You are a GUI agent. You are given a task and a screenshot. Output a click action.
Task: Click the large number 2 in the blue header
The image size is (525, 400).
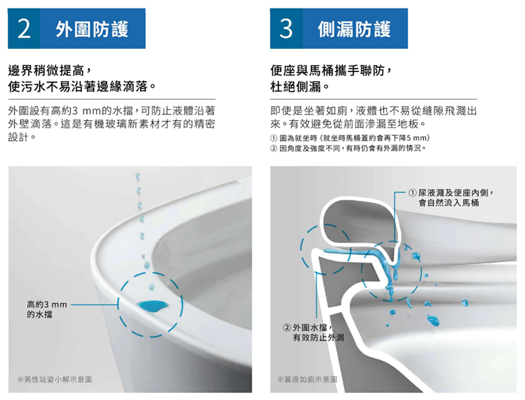point(24,29)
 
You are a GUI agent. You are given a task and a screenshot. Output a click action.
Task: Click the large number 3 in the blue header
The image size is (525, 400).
point(286,29)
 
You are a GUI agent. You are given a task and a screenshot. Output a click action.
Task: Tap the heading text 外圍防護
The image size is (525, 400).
point(92,29)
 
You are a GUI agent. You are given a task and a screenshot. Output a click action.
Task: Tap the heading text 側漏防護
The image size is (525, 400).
point(354,29)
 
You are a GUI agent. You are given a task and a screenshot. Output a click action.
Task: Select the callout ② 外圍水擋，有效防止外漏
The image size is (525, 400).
point(313,332)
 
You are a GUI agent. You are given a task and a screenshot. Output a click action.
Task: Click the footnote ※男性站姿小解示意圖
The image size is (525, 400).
point(55,379)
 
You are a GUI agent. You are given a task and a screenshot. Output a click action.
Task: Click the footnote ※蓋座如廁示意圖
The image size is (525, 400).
point(307,379)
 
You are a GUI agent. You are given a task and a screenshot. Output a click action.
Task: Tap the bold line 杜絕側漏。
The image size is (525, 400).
point(300,87)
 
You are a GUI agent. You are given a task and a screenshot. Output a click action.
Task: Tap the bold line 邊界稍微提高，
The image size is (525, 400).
point(49,71)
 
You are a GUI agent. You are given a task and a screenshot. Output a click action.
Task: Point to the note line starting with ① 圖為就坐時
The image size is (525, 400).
point(350,138)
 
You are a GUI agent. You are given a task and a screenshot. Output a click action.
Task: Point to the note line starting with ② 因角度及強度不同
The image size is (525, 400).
point(348,148)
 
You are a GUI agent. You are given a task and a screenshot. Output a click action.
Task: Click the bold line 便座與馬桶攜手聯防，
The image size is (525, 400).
point(331,71)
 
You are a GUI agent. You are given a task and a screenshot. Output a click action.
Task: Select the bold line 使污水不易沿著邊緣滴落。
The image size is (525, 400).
point(82,87)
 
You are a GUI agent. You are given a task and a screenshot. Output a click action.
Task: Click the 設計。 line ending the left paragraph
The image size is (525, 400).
point(22,137)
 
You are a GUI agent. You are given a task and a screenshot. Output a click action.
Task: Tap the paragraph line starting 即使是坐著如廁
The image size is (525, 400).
point(373,110)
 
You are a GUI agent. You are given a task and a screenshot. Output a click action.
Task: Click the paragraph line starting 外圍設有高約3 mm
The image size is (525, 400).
point(111,110)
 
